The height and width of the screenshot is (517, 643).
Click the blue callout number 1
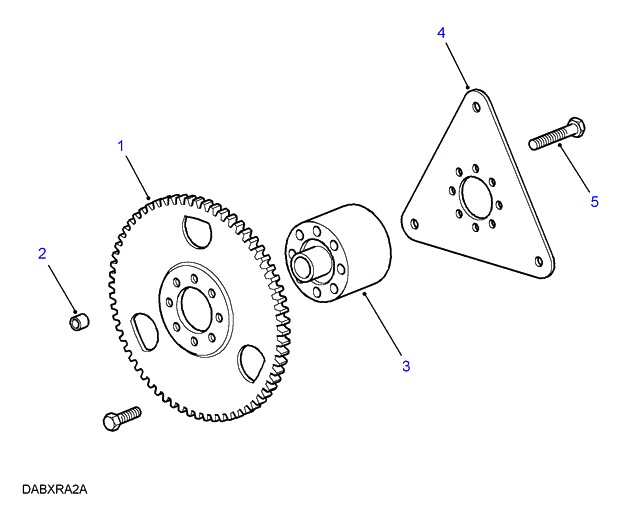121,146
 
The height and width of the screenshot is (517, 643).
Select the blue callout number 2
42,254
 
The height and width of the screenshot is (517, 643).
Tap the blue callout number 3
406,366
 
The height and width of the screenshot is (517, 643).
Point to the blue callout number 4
441,33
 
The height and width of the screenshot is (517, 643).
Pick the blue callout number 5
595,202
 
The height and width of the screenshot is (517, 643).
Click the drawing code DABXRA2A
55,490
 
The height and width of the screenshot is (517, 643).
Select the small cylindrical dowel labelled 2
78,321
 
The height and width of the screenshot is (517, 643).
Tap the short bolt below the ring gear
122,418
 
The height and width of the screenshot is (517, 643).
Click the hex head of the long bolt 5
577,126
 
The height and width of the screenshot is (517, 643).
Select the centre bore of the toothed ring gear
196,309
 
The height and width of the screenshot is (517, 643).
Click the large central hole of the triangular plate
475,198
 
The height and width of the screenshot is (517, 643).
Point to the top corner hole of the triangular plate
476,107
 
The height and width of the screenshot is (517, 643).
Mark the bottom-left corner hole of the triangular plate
415,224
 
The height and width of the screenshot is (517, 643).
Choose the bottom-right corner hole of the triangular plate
538,261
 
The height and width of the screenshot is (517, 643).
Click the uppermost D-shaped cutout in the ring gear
198,232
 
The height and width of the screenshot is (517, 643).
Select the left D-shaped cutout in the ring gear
144,332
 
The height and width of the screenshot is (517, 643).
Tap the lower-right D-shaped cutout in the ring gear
252,363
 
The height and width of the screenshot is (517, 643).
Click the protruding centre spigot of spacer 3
303,264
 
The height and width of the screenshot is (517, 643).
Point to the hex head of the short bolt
111,422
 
